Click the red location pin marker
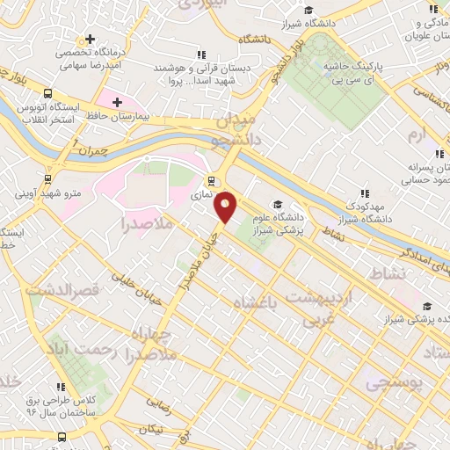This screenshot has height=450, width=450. point(226,207)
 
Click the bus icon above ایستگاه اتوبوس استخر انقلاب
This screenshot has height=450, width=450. point(47,95)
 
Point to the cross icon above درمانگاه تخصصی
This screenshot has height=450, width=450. point(90,40)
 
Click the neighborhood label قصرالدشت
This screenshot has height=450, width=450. point(60,289)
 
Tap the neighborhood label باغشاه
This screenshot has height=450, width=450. point(253,304)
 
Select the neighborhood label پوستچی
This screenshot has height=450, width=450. point(393,384)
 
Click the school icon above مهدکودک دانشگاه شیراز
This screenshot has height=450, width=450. point(365,193)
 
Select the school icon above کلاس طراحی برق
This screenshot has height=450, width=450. point(62,384)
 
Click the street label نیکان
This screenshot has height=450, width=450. point(150,428)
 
